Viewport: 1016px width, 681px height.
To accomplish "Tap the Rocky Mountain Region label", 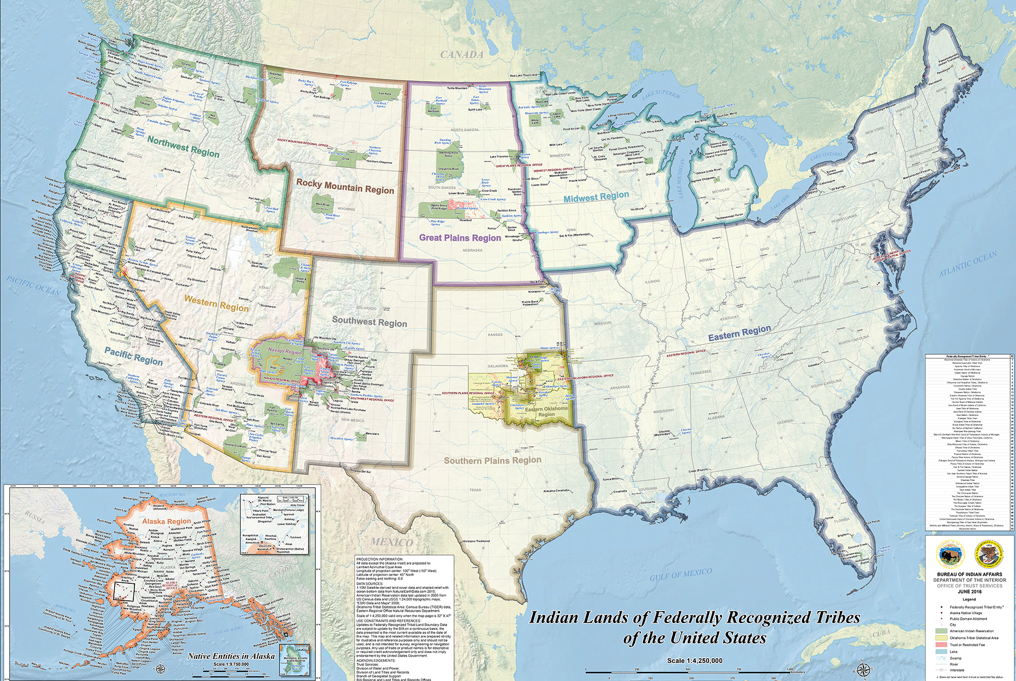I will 345,187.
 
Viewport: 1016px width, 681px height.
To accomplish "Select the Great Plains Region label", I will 460,238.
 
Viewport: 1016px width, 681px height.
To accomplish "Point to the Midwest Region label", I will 596,197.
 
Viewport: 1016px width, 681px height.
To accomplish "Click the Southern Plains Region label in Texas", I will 492,460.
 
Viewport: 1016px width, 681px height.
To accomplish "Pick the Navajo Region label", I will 285,352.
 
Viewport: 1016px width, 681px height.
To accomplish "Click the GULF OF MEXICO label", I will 681,574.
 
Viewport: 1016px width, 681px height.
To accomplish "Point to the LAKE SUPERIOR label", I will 661,95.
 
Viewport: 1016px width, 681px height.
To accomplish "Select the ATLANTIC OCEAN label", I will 968,264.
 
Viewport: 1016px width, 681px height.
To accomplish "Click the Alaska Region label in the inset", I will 166,521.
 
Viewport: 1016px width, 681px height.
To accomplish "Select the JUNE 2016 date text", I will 969,592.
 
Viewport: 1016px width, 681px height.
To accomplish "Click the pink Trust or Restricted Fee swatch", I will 941,645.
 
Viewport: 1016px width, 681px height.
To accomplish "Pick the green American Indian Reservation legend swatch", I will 941,631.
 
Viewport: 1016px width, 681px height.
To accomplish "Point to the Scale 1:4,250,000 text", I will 695,660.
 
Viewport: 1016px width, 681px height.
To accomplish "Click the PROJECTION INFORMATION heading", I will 379,559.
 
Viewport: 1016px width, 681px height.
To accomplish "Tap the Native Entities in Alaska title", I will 231,656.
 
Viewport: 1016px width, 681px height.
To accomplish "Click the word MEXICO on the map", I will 392,542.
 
